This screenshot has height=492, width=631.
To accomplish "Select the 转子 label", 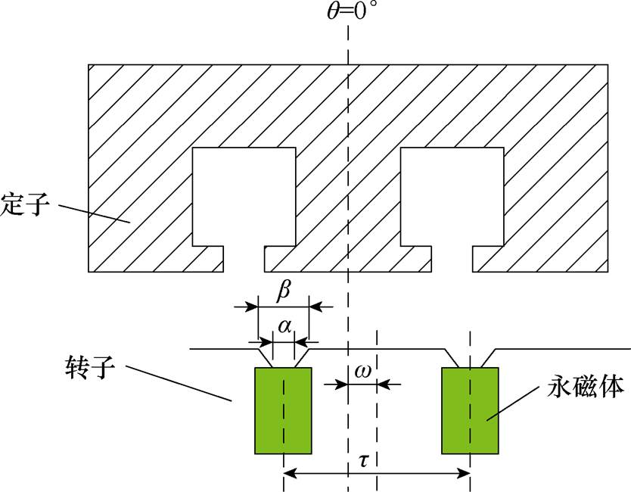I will pyautogui.click(x=91, y=369).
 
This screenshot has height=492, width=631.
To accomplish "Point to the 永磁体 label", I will pyautogui.click(x=586, y=388).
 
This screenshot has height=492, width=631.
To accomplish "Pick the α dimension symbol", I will pyautogui.click(x=284, y=326).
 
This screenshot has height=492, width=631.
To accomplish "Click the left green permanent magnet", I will pyautogui.click(x=284, y=409).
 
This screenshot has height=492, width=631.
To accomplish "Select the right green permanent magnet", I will pyautogui.click(x=470, y=409).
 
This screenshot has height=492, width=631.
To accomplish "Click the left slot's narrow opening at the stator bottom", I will pyautogui.click(x=244, y=259).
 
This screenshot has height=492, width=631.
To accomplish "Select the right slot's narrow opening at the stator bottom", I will pyautogui.click(x=452, y=259).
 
